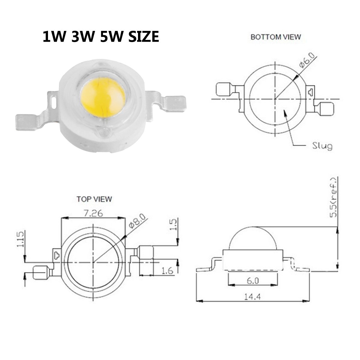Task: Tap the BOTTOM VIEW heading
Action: pyautogui.click(x=276, y=37)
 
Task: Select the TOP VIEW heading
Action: pyautogui.click(x=94, y=199)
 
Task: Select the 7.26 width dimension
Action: pyautogui.click(x=93, y=213)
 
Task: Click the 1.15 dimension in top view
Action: pyautogui.click(x=20, y=239)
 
